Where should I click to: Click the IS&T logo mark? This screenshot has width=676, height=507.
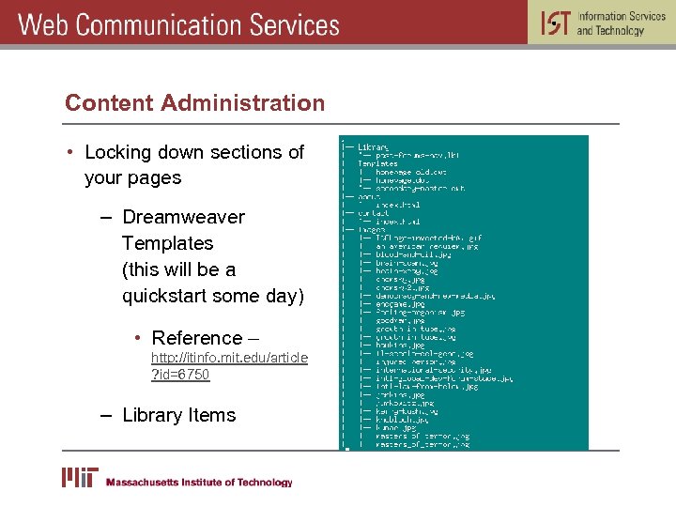[x=555, y=23]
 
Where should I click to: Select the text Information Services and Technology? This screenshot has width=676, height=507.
[x=621, y=23]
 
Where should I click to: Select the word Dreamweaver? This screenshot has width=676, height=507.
[x=183, y=217]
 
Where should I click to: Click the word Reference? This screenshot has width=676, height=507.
[x=196, y=338]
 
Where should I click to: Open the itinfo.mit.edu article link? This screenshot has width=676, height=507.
[x=229, y=358]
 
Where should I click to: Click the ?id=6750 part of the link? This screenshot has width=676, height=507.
[x=180, y=375]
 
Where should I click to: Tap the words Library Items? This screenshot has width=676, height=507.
[x=178, y=415]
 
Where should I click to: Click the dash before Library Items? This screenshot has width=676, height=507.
[x=105, y=415]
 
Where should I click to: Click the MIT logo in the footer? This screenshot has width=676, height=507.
[x=80, y=478]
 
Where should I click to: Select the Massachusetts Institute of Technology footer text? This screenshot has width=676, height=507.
[x=199, y=483]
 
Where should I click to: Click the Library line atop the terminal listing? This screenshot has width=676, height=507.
[x=373, y=147]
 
